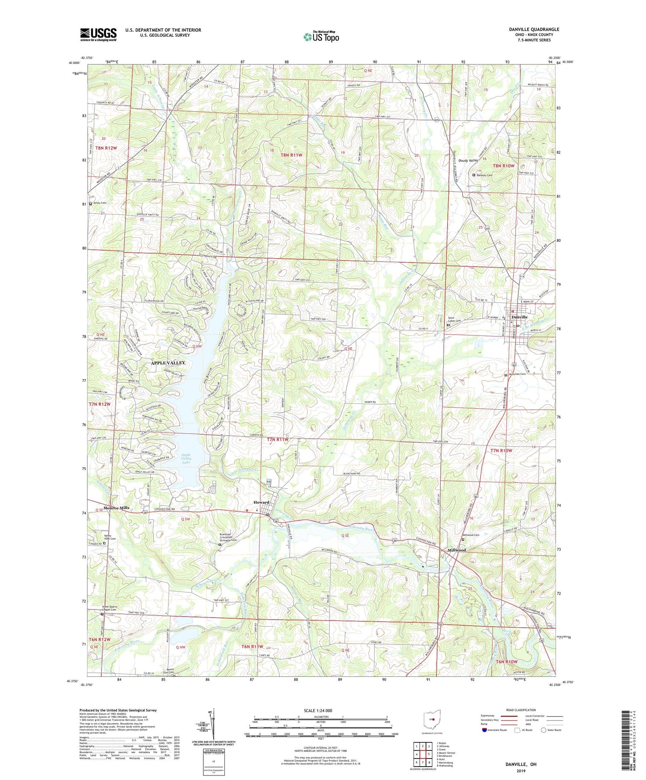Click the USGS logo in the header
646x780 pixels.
click(98, 34)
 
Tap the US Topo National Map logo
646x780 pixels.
click(321, 36)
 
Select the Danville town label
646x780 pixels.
click(519, 317)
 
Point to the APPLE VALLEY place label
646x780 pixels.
click(168, 363)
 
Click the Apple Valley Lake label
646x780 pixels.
click(186, 459)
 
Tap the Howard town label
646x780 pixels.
click(262, 503)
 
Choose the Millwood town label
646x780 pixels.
click(457, 550)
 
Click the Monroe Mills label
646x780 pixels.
click(116, 508)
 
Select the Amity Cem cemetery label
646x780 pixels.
click(99, 203)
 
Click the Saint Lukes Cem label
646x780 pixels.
click(457, 320)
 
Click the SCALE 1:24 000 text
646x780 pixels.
click(322, 710)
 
